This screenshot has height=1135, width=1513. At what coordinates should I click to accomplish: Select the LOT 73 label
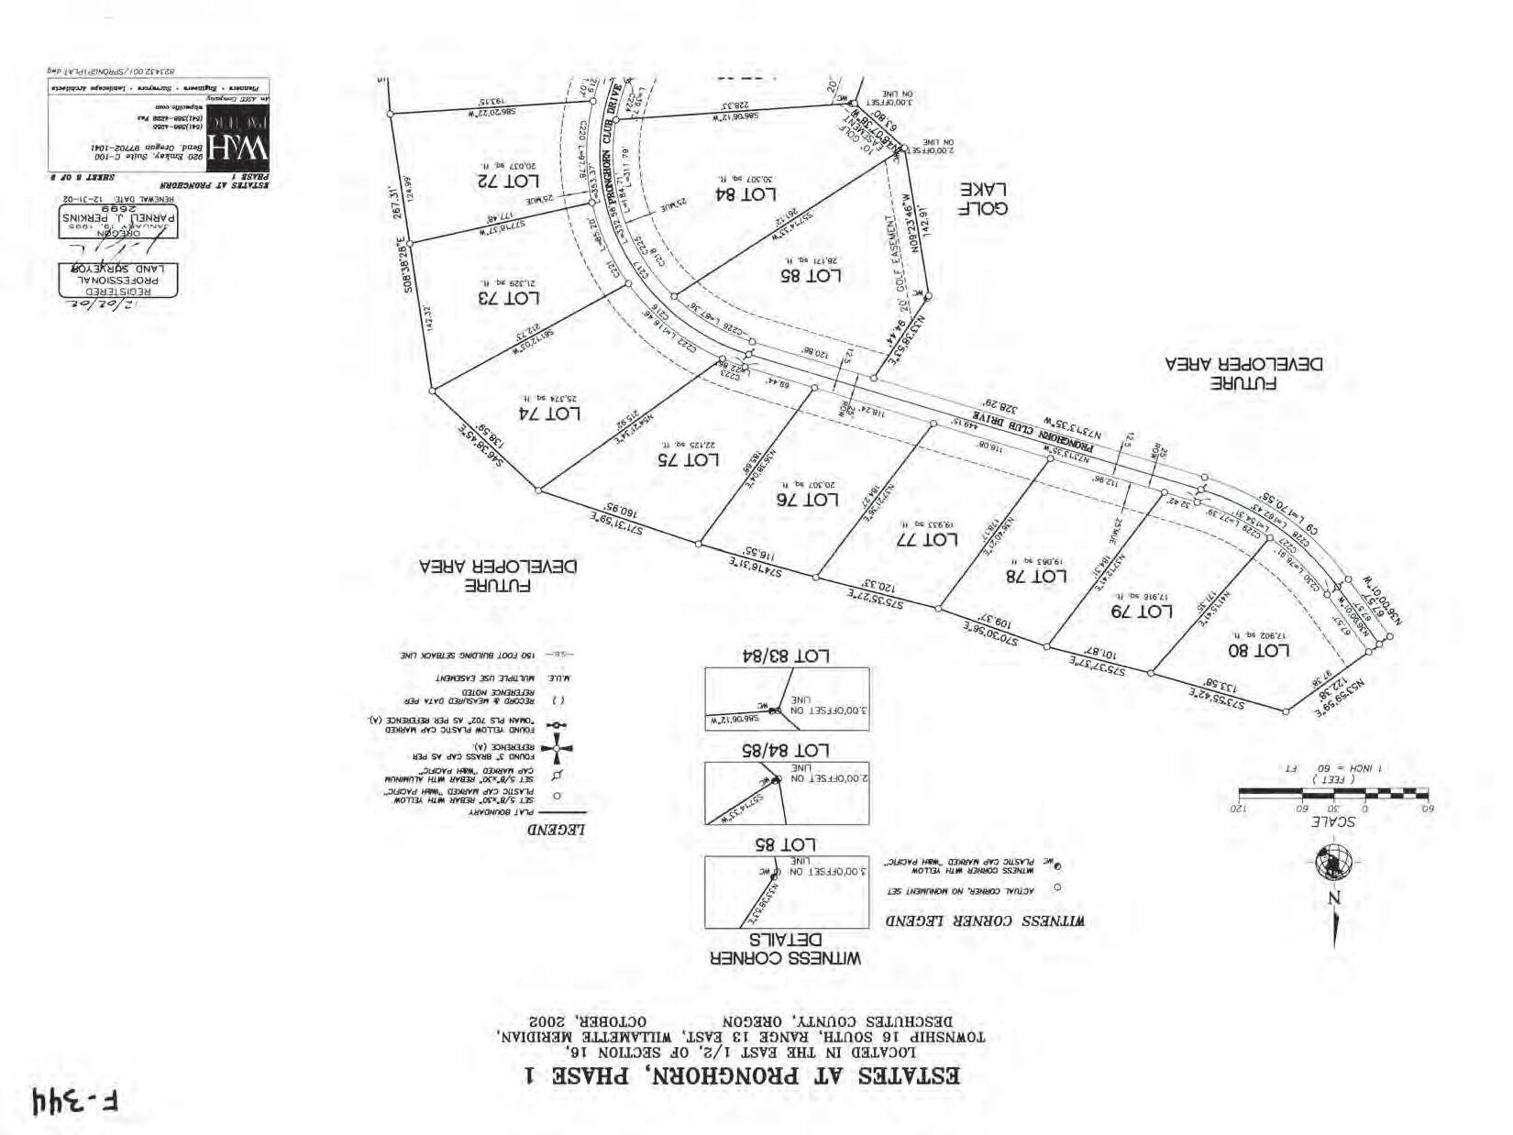[x=509, y=298]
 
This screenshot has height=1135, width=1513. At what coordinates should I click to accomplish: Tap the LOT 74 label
[x=549, y=413]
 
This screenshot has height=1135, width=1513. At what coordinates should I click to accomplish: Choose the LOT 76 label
[x=807, y=500]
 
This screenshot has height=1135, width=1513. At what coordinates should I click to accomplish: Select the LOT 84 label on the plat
[x=745, y=193]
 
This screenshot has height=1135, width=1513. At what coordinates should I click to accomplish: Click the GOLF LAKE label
[x=983, y=199]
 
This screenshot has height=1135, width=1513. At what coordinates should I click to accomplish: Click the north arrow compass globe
[x=1333, y=862]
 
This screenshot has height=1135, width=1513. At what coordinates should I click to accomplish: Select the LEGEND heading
[x=557, y=830]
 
